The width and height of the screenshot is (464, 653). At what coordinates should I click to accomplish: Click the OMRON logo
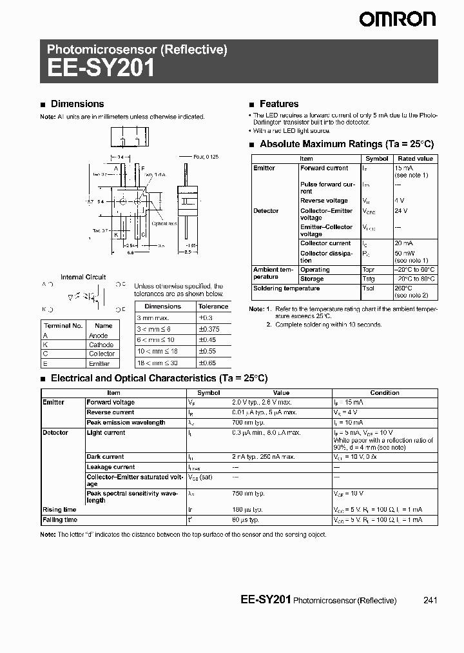click(398, 20)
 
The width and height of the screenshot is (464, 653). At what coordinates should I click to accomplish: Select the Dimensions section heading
click(77, 104)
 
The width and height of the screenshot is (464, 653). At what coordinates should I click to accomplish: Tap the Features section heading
click(278, 104)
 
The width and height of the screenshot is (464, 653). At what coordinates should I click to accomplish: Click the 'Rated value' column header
click(415, 159)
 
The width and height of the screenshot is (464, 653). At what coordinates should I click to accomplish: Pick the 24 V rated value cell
click(401, 210)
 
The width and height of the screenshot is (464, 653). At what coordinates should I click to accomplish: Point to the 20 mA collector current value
click(404, 243)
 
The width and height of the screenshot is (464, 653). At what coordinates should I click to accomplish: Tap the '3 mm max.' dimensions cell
click(153, 318)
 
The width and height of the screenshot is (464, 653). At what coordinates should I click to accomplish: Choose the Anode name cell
click(99, 336)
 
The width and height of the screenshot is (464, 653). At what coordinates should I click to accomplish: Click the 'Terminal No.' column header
click(63, 326)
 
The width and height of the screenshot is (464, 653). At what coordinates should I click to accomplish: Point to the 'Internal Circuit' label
click(83, 277)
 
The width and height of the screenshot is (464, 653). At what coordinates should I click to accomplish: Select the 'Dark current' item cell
click(106, 457)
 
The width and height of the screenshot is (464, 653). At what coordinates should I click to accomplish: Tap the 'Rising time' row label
click(60, 510)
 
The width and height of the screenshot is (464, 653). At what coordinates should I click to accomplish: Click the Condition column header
click(385, 392)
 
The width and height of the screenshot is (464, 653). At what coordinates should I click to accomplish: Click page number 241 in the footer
click(430, 600)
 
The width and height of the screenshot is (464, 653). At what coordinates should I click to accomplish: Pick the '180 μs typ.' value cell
click(246, 510)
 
